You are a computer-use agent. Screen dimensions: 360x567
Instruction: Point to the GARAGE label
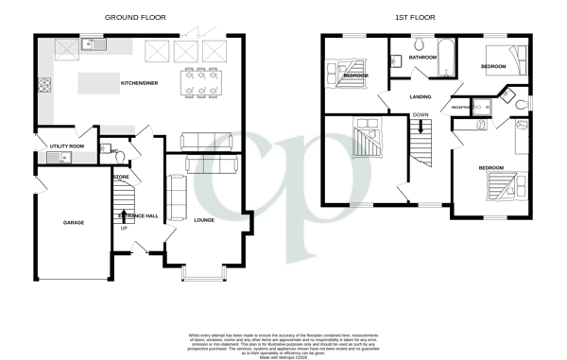coord(74,223)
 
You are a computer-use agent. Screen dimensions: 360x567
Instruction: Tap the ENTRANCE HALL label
coord(138,216)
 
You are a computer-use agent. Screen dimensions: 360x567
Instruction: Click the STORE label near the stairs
coord(121,177)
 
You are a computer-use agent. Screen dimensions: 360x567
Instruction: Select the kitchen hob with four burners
coord(43,88)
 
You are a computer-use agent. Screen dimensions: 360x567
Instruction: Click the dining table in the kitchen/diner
coord(200,81)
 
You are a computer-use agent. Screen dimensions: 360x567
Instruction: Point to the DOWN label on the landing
coord(421,115)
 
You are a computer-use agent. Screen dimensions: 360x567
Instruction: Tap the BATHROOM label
coord(422,58)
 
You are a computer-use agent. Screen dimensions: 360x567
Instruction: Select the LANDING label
coord(421,96)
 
